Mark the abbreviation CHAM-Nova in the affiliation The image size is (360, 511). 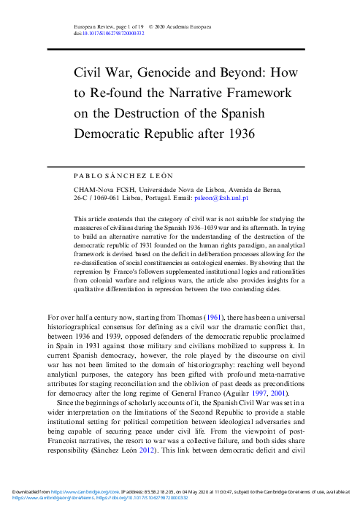point(93,188)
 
